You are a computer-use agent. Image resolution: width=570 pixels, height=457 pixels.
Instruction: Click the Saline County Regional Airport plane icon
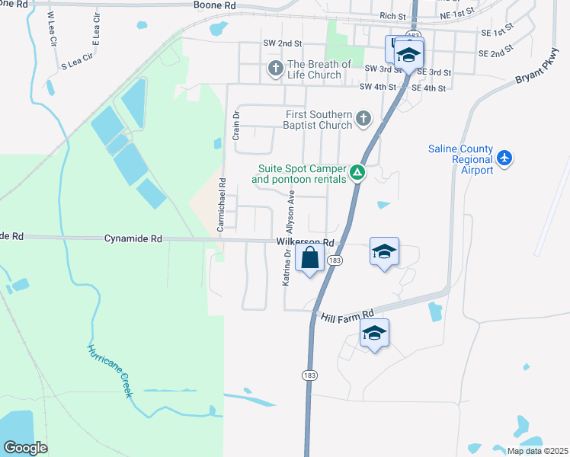[x=504, y=158]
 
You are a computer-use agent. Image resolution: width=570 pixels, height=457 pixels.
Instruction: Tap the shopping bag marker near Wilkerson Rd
[x=310, y=259]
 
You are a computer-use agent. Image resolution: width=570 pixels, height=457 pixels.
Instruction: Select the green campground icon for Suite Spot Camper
[x=357, y=174]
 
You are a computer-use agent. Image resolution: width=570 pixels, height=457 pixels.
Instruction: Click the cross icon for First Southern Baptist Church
[x=363, y=119]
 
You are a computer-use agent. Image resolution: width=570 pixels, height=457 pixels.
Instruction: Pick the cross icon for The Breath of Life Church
[x=275, y=69]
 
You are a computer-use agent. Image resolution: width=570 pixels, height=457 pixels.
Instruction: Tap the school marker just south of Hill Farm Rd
[x=374, y=334]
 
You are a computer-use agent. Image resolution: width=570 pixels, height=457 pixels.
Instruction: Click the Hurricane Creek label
[x=110, y=371]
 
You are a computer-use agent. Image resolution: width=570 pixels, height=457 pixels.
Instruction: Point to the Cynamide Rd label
[x=133, y=238]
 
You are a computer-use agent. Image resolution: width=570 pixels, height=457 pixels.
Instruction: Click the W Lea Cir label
[x=51, y=25]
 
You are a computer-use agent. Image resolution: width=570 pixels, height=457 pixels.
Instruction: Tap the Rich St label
[x=392, y=16]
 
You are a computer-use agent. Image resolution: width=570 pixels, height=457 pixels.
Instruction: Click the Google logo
[x=24, y=448]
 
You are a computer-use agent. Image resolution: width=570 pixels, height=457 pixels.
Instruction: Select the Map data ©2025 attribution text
[x=537, y=451]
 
